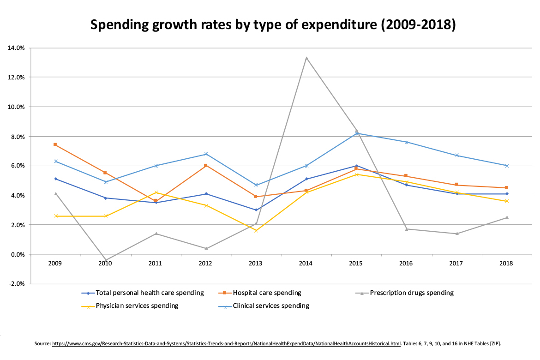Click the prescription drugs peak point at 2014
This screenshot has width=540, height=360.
(306, 58)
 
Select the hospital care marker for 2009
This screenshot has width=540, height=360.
(55, 144)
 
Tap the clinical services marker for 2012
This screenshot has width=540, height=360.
(205, 154)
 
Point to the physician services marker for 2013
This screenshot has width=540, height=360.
(256, 230)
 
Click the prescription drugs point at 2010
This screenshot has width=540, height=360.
(105, 260)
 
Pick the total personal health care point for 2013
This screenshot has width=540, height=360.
(256, 210)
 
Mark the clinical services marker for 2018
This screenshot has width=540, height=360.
(507, 166)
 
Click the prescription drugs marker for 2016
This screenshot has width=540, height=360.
(406, 229)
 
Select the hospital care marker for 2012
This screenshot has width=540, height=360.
(205, 166)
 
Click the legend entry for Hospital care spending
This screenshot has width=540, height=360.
(267, 293)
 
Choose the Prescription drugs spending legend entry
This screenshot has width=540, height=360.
(412, 293)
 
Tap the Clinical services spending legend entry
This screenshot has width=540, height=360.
(271, 306)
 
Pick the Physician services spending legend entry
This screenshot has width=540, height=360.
(137, 306)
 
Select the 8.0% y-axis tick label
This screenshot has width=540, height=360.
(17, 136)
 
